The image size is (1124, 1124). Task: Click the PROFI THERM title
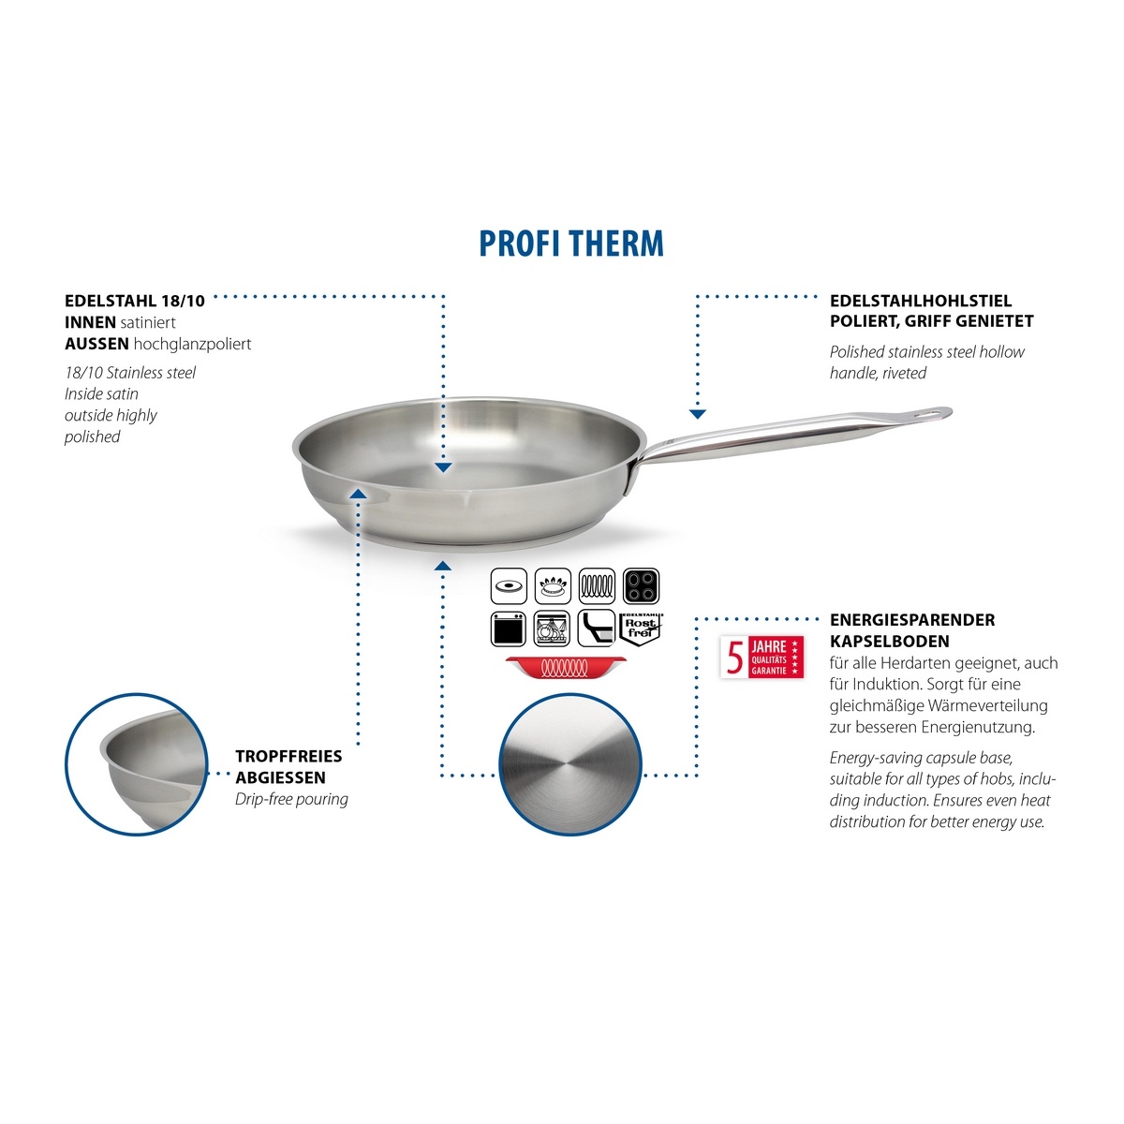point(571,244)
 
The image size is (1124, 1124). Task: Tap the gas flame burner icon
point(553,585)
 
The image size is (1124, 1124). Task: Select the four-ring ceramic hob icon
point(641,585)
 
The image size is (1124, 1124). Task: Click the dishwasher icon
point(553,629)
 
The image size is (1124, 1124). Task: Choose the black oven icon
point(508,629)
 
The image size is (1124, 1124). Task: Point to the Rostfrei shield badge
point(641,629)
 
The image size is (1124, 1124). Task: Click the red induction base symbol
point(565,667)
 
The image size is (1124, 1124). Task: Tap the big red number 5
point(735,658)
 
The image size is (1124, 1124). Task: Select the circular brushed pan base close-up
point(569,764)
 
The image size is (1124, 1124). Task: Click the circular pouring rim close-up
point(137,764)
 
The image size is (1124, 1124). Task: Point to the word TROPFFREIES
point(288,757)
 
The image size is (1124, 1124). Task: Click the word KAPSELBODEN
point(890,641)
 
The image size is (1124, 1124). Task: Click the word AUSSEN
point(96,344)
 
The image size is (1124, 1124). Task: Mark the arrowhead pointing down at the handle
point(698,414)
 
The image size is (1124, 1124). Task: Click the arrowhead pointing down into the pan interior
point(443,467)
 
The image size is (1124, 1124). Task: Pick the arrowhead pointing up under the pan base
point(443,565)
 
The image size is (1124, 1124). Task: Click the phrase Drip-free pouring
point(291,799)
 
